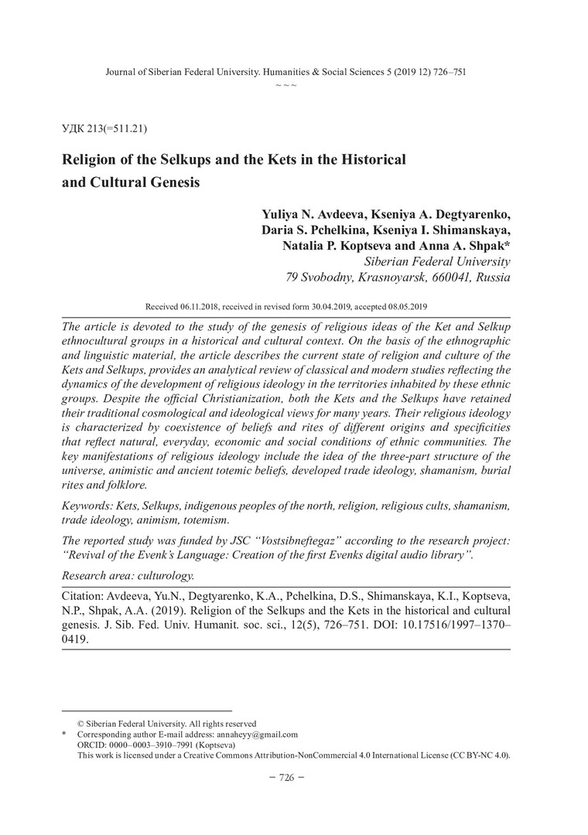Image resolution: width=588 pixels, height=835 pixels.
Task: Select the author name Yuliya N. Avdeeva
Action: click(x=325, y=214)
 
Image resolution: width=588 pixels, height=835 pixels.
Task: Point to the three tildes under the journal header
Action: click(x=285, y=83)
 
